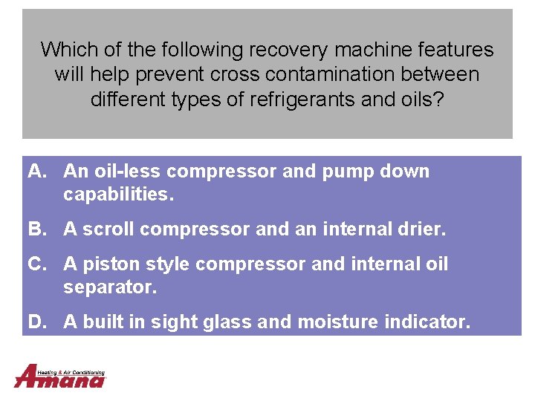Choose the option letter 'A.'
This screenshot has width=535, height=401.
(39, 172)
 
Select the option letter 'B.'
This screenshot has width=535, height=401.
(39, 229)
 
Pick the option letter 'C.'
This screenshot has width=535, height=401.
(39, 264)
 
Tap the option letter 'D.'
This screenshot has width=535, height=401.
(39, 322)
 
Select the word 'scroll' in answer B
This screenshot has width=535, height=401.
(108, 229)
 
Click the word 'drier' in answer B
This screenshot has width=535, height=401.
(421, 229)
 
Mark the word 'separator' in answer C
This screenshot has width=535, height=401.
(108, 287)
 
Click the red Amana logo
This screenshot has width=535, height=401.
(59, 379)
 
